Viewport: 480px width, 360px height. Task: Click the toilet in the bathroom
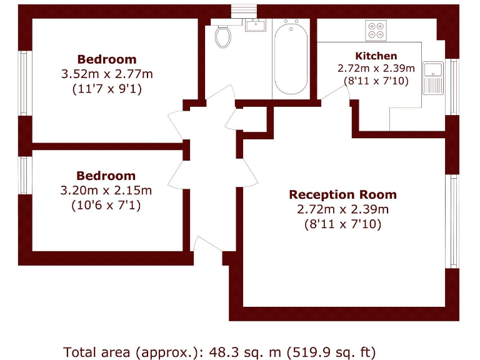pyautogui.click(x=222, y=36)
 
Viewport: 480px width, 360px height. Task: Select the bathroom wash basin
pyautogui.click(x=255, y=26)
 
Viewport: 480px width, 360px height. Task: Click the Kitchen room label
pyautogui.click(x=376, y=56)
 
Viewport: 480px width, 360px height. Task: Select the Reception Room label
pyautogui.click(x=342, y=194)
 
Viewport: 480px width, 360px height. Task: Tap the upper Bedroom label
pyautogui.click(x=106, y=59)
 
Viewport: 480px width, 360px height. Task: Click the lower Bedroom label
pyautogui.click(x=106, y=176)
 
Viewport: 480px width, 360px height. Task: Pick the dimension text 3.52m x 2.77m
pyautogui.click(x=106, y=74)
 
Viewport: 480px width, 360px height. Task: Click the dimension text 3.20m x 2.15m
pyautogui.click(x=106, y=190)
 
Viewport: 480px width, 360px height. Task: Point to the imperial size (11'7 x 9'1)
pyautogui.click(x=106, y=89)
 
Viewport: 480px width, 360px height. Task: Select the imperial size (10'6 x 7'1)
pyautogui.click(x=106, y=204)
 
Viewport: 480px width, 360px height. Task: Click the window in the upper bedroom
pyautogui.click(x=25, y=82)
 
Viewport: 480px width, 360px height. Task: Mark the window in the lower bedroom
pyautogui.click(x=25, y=175)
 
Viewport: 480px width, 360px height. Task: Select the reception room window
pyautogui.click(x=452, y=222)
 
